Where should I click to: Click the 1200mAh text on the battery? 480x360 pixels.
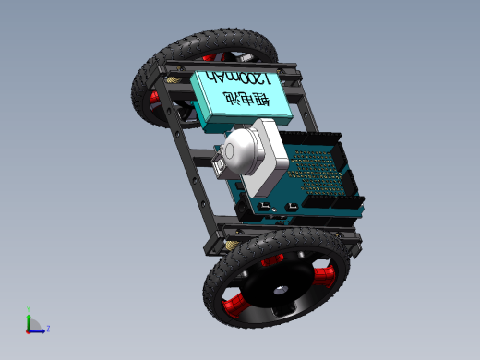pyautogui.click(x=238, y=78)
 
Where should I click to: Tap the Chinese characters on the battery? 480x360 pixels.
pyautogui.click(x=246, y=99)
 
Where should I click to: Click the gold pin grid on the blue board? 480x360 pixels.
pyautogui.click(x=317, y=172)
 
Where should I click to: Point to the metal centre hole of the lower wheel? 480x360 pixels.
pyautogui.click(x=281, y=290)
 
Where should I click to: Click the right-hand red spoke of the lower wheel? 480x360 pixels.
pyautogui.click(x=324, y=276)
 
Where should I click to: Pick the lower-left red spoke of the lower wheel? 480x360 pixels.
pyautogui.click(x=234, y=304)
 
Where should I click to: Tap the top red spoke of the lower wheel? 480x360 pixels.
pyautogui.click(x=272, y=260)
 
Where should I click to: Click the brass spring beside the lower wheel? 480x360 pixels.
pyautogui.click(x=232, y=245)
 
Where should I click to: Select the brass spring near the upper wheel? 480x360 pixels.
pyautogui.click(x=174, y=80)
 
